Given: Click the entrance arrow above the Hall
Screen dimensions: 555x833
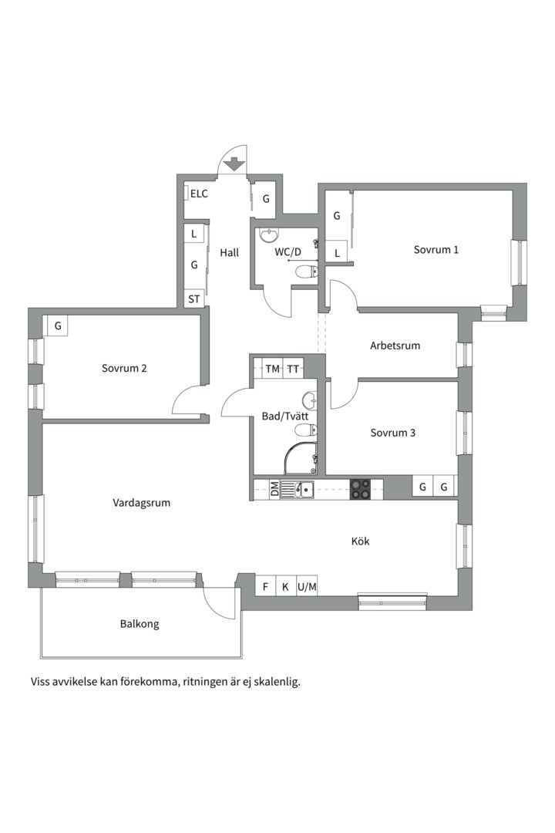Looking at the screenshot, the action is [x=234, y=164].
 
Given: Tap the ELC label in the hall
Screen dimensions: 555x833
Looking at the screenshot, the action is [x=199, y=194].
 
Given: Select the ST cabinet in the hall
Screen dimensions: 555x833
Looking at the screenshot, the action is [x=193, y=299].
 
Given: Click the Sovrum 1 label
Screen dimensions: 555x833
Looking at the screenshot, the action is [x=436, y=249].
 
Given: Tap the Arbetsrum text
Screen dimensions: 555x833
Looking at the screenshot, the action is [x=395, y=346].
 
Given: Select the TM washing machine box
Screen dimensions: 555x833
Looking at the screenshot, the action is [x=272, y=368].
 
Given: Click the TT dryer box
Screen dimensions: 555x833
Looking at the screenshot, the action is [x=293, y=368].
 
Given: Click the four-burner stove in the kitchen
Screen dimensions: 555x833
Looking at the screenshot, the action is [x=360, y=489].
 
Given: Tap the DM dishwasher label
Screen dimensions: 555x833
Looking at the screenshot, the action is [x=274, y=489].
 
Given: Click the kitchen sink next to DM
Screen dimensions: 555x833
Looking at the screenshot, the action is [x=297, y=489].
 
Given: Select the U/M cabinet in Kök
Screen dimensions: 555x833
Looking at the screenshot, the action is [x=307, y=586].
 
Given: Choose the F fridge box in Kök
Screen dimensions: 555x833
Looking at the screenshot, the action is [x=265, y=586].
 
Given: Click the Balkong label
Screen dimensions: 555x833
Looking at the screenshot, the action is [x=140, y=624].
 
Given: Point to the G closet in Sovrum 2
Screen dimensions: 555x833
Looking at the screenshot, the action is [x=58, y=325].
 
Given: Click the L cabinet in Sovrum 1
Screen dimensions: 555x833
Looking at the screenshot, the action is [x=337, y=254].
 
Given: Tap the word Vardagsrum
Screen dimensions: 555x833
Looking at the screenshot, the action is [x=141, y=503].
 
